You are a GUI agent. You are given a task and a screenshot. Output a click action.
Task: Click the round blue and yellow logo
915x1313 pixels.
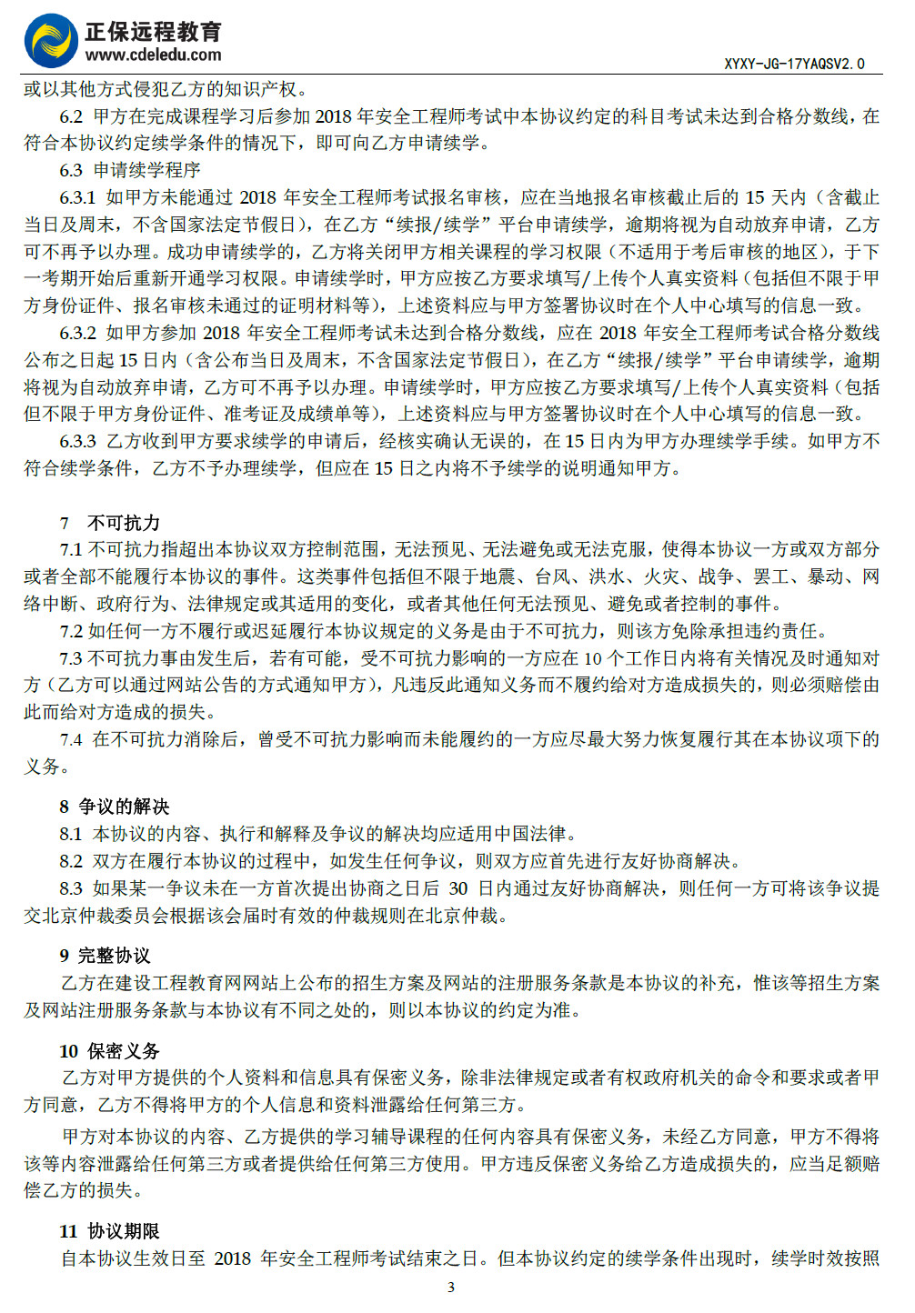pos(51,40)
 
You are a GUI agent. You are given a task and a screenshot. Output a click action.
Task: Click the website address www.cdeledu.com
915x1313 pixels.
pos(153,55)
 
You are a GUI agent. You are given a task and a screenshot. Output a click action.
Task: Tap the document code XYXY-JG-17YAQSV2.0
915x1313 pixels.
pos(794,64)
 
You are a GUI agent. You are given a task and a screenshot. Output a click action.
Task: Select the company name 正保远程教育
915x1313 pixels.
pos(153,32)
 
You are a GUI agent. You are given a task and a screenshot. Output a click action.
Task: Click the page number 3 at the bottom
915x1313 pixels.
pos(451,1287)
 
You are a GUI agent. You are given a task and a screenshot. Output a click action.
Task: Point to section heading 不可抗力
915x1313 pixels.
pos(124,523)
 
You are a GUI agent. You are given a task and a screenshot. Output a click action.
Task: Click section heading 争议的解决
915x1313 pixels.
pos(124,807)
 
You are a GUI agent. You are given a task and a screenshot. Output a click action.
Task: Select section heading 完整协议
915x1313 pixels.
pos(115,956)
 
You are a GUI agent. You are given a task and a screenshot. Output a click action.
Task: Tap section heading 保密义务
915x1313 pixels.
pos(124,1051)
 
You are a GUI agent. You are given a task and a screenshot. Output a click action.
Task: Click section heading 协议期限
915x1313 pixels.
pos(124,1231)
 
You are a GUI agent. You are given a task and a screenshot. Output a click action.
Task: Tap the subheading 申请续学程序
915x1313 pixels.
pos(146,170)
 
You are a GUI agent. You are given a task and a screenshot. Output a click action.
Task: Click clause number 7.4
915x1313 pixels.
pos(71,739)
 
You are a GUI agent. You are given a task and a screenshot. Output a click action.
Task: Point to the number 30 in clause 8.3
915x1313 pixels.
pos(458,888)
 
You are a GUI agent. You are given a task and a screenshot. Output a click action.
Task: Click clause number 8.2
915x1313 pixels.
pos(71,861)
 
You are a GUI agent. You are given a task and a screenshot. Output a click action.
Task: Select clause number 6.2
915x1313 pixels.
pos(71,116)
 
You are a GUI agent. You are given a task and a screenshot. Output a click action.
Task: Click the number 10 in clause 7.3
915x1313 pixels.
pos(593,658)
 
